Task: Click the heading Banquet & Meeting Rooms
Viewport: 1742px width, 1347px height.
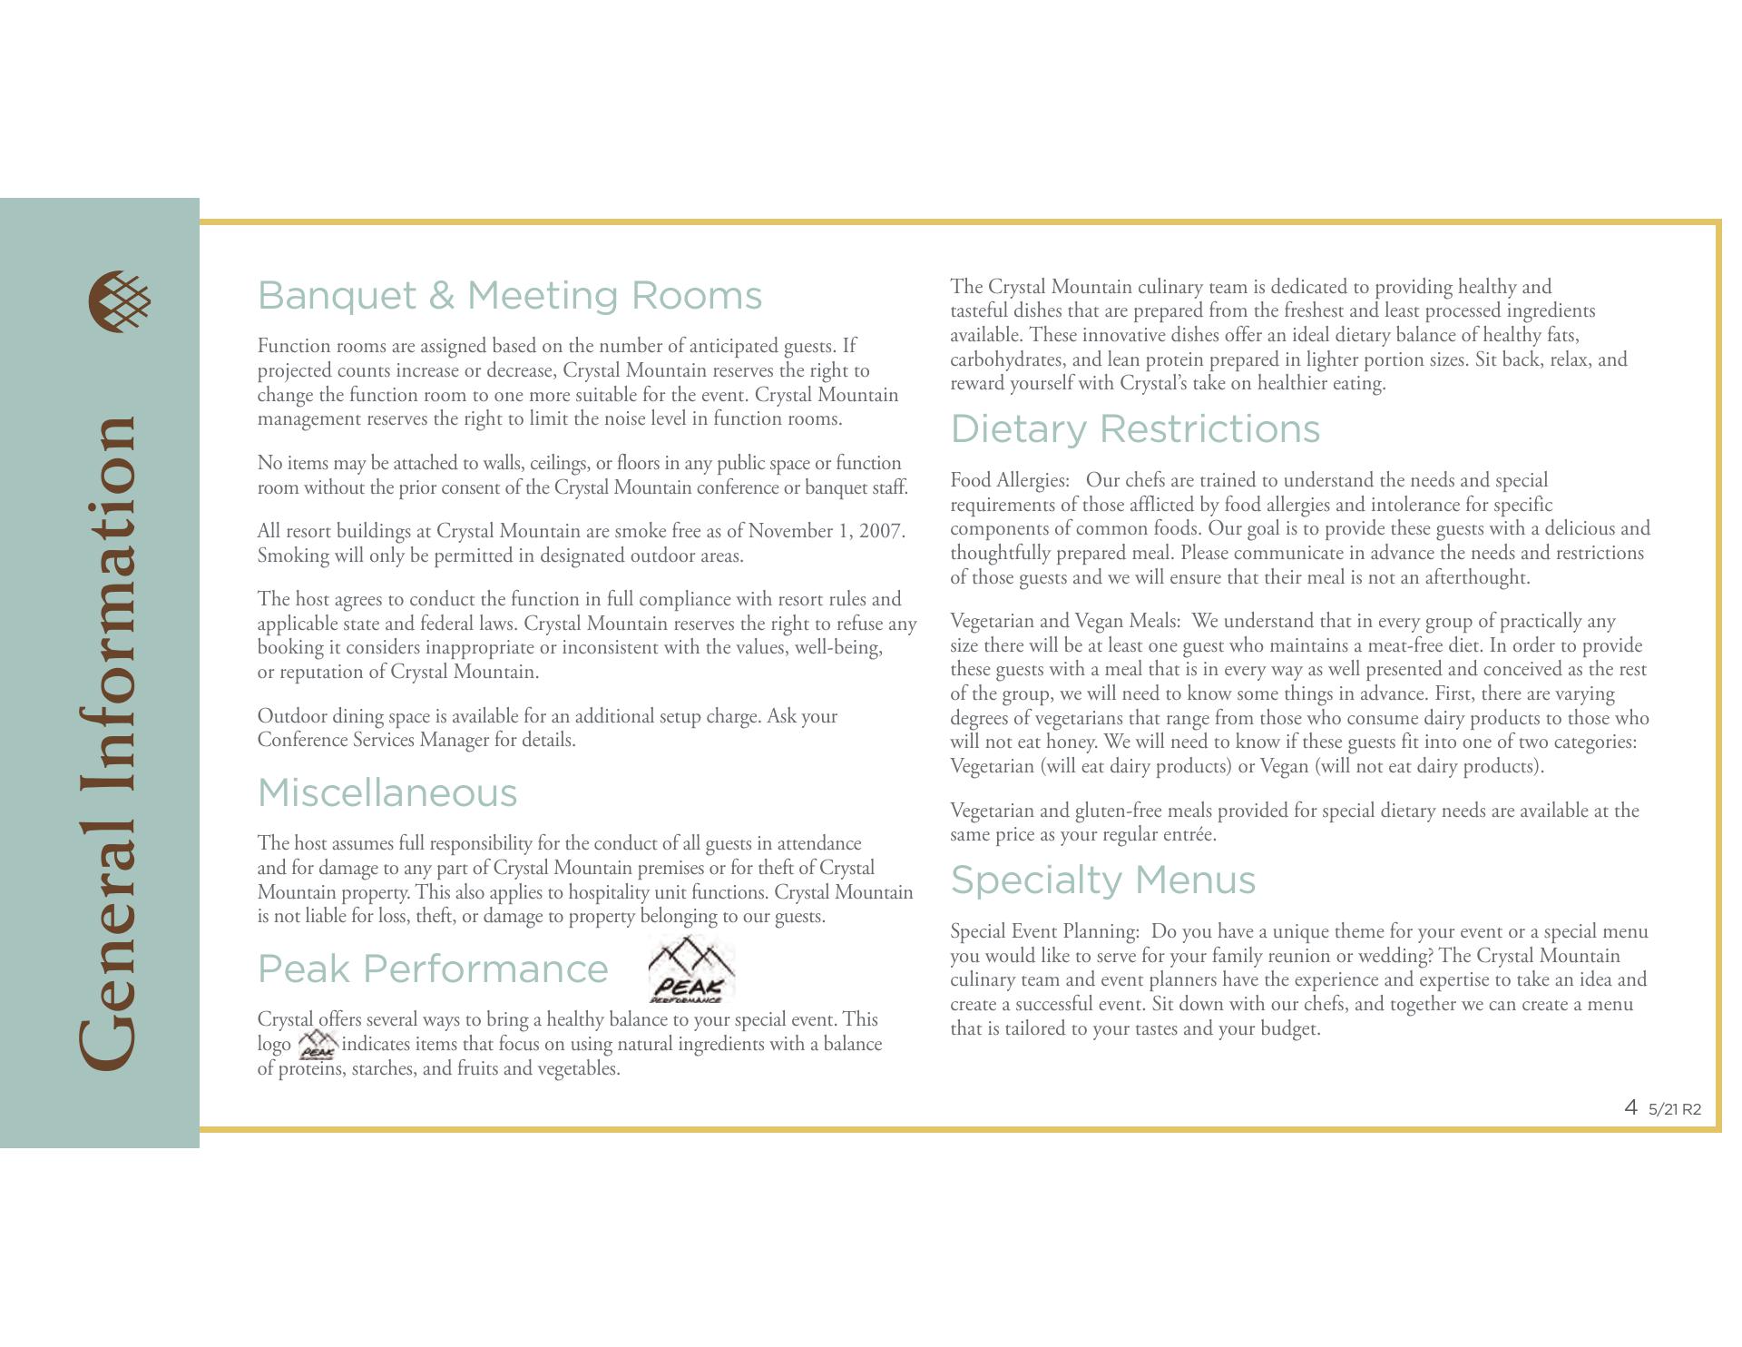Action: [x=510, y=296]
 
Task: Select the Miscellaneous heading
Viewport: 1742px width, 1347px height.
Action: [x=387, y=793]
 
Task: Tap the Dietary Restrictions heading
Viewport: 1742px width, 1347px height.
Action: [x=1135, y=429]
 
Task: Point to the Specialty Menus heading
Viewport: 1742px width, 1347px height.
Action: [x=1102, y=880]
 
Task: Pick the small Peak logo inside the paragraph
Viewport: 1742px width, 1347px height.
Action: [x=317, y=1045]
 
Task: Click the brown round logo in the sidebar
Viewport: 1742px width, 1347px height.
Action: [x=120, y=301]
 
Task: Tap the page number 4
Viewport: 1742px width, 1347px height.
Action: [x=1630, y=1107]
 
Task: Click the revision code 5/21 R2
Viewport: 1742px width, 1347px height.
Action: [x=1675, y=1109]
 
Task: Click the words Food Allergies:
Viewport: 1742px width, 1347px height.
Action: [x=1010, y=480]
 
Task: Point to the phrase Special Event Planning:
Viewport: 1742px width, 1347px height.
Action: [x=1044, y=931]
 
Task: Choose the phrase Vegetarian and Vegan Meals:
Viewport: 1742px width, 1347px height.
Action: [x=1065, y=622]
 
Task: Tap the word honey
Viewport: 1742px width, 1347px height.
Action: [x=1071, y=742]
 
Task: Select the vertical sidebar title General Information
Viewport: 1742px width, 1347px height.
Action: [x=109, y=744]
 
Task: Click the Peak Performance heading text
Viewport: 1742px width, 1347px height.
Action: [x=433, y=969]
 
